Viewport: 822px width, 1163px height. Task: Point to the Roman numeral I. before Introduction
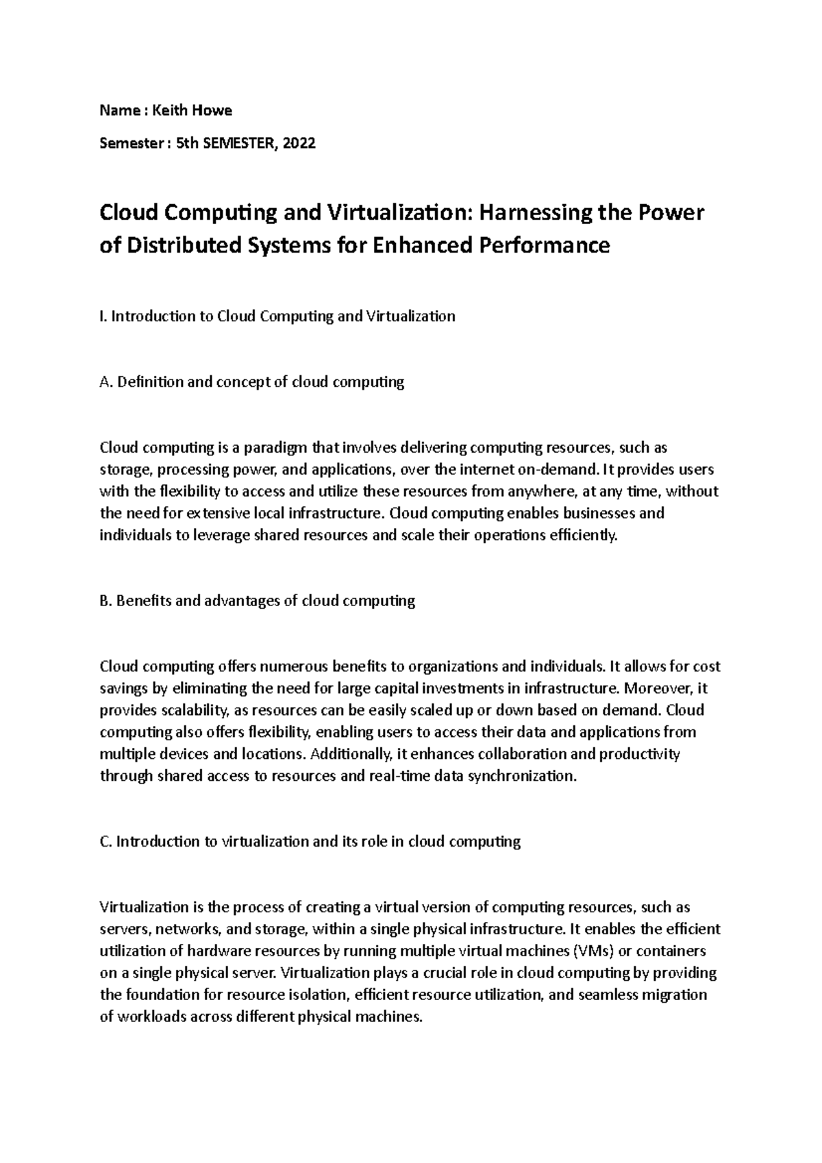[103, 316]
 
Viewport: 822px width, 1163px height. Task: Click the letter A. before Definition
[106, 382]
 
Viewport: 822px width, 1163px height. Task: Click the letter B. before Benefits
[105, 601]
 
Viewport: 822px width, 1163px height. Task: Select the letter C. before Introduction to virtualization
[105, 842]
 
